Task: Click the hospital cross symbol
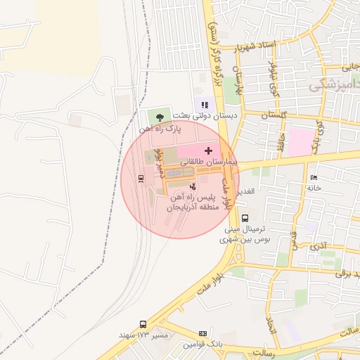pyautogui.click(x=208, y=150)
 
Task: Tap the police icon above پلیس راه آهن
pyautogui.click(x=193, y=186)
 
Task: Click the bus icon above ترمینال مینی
pyautogui.click(x=245, y=218)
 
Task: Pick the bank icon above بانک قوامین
pyautogui.click(x=202, y=333)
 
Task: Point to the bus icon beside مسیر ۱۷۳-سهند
pyautogui.click(x=143, y=325)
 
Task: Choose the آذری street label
pyautogui.click(x=318, y=246)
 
